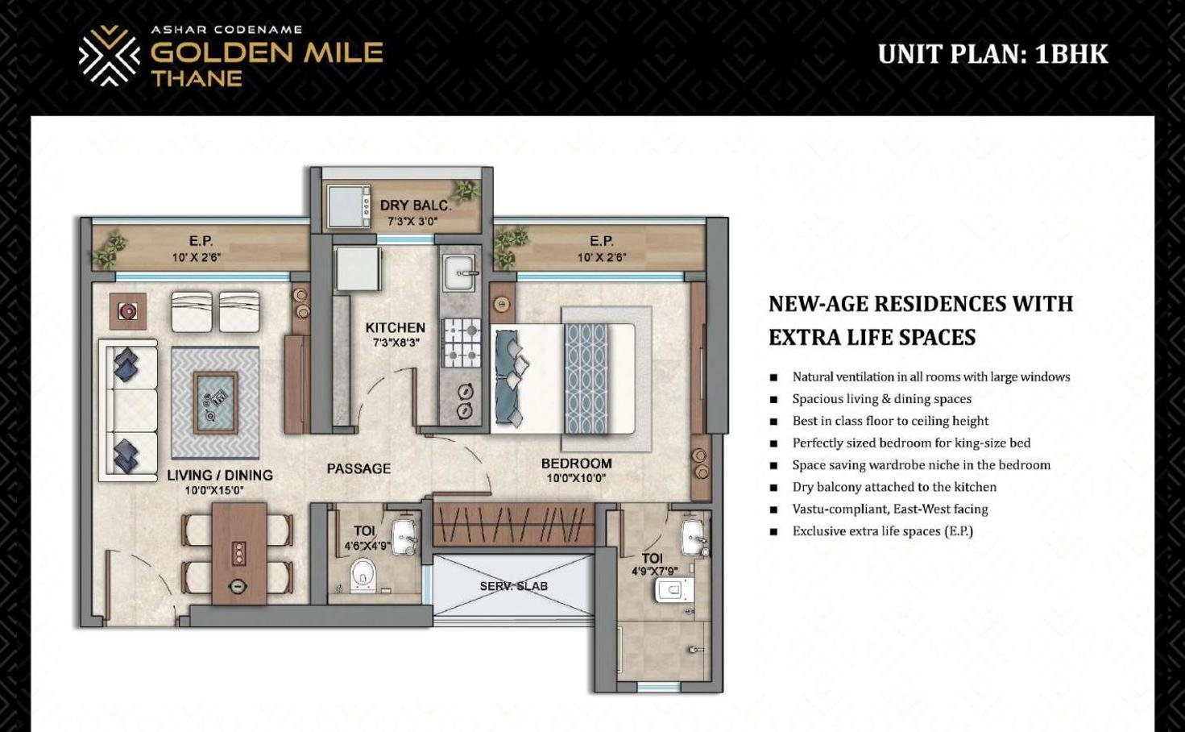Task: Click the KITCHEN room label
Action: [x=396, y=327]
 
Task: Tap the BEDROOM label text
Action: [x=577, y=464]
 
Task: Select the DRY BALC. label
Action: [x=416, y=205]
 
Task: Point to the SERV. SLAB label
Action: [x=514, y=586]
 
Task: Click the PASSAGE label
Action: [x=358, y=468]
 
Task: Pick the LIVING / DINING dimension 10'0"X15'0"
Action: [x=214, y=490]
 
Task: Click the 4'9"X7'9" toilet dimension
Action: [x=655, y=571]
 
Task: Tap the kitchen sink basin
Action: [x=459, y=272]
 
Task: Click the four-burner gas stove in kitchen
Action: [x=462, y=343]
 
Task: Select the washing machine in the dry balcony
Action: [x=349, y=206]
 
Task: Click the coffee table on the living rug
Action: [x=215, y=402]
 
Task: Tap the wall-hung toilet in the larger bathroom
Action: [x=674, y=589]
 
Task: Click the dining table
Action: [x=239, y=553]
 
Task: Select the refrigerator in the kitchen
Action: [x=357, y=268]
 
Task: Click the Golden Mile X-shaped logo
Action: [x=109, y=56]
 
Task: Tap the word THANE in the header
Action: [x=197, y=79]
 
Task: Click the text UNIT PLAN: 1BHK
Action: [x=992, y=54]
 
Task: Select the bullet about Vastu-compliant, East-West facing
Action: [x=890, y=509]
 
